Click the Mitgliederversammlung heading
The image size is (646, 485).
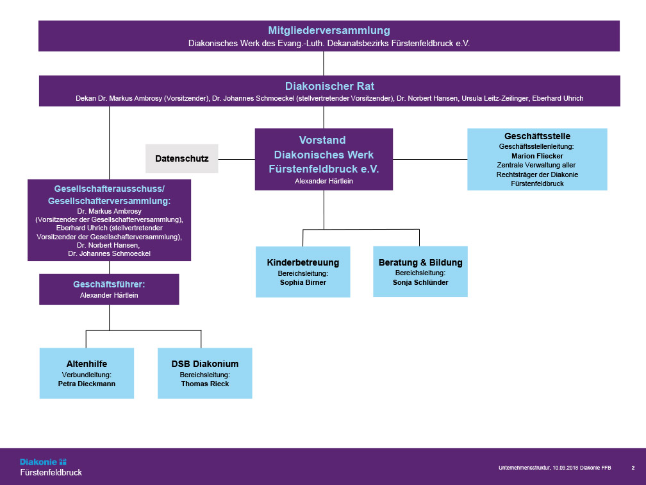329,30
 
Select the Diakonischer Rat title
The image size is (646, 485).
329,86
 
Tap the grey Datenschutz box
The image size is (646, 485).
182,158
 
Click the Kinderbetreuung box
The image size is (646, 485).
303,271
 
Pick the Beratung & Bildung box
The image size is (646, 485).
420,271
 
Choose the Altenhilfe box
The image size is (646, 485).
87,373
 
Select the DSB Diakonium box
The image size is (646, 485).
205,373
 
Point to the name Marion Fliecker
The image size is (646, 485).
537,156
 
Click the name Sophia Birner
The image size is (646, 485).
303,282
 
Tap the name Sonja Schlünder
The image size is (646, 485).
420,282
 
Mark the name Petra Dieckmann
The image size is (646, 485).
87,384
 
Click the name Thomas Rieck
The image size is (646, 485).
205,384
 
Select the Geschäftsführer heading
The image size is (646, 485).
109,284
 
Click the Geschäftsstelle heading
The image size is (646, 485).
537,136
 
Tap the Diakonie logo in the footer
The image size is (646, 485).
43,461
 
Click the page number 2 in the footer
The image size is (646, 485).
633,468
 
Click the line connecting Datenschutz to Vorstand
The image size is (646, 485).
236,158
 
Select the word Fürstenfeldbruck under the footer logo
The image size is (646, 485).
51,473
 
